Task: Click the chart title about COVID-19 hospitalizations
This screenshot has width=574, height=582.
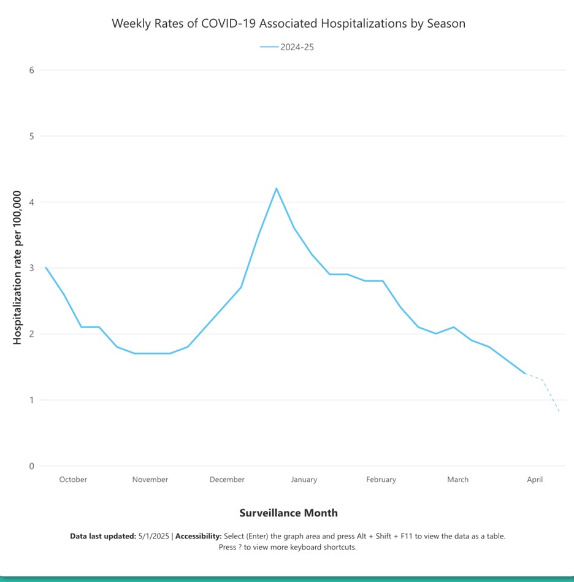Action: [288, 24]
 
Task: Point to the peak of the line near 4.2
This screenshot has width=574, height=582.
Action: [276, 188]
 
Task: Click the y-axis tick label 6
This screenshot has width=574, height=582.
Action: [31, 70]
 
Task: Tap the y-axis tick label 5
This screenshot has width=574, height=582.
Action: [31, 136]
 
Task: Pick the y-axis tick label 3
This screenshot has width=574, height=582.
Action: [31, 268]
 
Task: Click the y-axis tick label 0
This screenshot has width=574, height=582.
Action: [31, 466]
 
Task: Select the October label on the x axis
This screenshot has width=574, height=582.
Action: [73, 480]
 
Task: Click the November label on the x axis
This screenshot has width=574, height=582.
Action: [150, 480]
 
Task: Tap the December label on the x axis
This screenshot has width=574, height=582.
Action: [227, 480]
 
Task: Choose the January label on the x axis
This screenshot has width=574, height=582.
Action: [304, 480]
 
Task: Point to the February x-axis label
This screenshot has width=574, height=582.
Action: [381, 480]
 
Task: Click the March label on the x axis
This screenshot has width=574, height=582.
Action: [457, 480]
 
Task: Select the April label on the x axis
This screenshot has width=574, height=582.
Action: [535, 480]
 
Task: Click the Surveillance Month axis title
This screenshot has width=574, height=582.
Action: [288, 513]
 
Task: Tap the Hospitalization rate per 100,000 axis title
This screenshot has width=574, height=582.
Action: [17, 267]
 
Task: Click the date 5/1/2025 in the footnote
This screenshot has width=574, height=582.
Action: [155, 536]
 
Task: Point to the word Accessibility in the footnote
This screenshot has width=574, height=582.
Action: [198, 536]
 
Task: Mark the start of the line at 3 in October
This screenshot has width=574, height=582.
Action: [46, 267]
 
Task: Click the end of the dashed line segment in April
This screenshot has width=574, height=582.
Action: [559, 412]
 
